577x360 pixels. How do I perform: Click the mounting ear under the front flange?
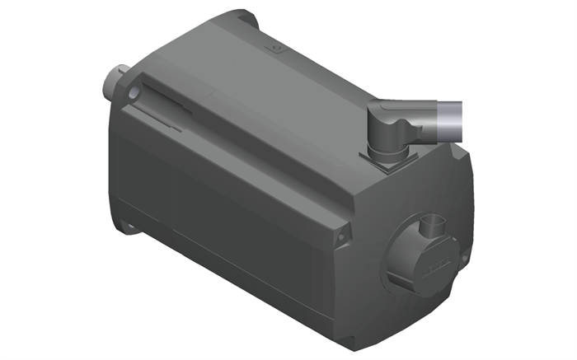click(x=128, y=222)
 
